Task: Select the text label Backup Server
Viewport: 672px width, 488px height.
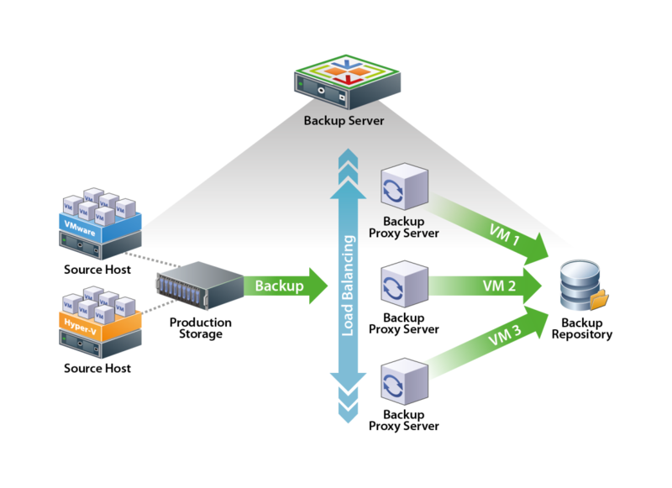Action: point(344,121)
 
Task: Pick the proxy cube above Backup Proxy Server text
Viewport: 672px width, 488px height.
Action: point(405,186)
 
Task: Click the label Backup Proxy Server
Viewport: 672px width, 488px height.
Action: point(404,227)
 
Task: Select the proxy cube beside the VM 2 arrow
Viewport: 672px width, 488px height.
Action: point(405,286)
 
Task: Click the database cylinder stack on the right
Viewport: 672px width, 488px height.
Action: point(581,286)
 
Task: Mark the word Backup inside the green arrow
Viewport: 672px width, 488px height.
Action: point(279,286)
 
